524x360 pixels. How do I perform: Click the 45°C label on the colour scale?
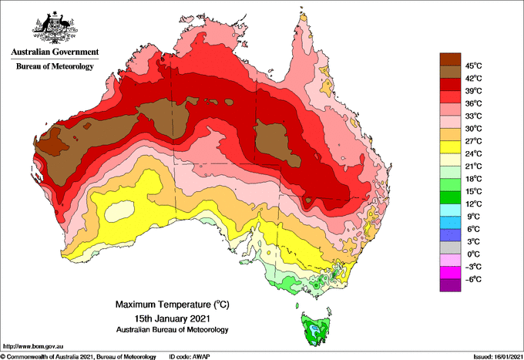tap(474, 66)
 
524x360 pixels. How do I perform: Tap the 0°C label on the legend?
tap(474, 254)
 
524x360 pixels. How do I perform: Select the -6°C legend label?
tap(474, 279)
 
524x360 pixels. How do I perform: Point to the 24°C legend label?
tap(474, 153)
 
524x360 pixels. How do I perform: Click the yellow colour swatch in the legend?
tap(450, 147)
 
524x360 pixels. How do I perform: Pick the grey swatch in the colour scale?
tap(450, 247)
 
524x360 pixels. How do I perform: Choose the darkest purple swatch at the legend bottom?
tap(450, 285)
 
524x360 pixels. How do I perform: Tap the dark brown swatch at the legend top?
tap(450, 59)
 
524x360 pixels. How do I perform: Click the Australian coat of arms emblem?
tap(55, 28)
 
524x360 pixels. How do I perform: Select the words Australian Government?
tap(55, 52)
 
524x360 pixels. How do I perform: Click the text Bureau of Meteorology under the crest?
tap(55, 66)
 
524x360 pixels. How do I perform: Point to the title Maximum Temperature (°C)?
tap(172, 304)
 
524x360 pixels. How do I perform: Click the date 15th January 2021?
tap(172, 318)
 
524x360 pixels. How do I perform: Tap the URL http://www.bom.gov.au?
tap(33, 346)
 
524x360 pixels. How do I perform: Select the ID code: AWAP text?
tap(190, 357)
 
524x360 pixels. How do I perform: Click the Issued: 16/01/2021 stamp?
tap(498, 357)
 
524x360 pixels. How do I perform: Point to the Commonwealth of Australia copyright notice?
tap(78, 357)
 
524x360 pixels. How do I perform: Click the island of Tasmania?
tap(316, 328)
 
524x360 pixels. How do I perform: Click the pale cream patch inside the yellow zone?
tap(119, 211)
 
